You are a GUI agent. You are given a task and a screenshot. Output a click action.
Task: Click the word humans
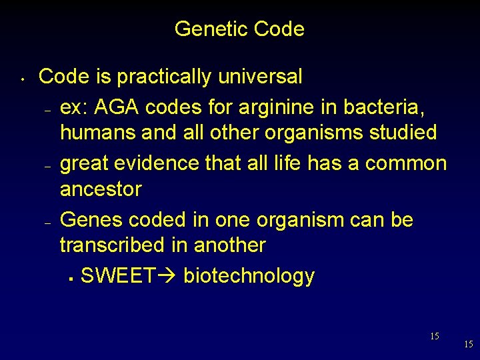(x=98, y=133)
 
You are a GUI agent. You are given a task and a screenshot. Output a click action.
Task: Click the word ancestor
(x=101, y=189)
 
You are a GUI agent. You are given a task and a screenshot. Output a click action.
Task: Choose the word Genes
(x=91, y=219)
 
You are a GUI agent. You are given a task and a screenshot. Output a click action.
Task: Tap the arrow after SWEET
(x=167, y=275)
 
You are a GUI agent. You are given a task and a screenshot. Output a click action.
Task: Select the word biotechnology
(x=249, y=276)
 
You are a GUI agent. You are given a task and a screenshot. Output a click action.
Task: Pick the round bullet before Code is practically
(x=22, y=82)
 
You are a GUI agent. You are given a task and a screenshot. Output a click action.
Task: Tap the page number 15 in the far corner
(x=468, y=345)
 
